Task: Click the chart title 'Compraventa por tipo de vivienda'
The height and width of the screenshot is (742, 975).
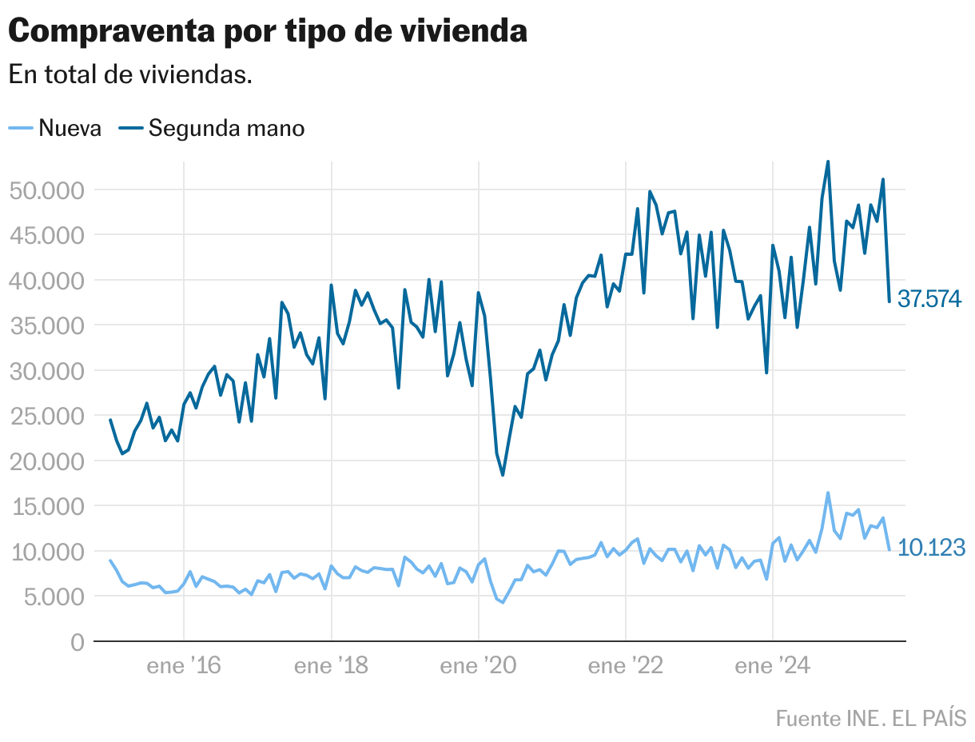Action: (268, 31)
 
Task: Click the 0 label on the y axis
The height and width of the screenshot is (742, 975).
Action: (77, 642)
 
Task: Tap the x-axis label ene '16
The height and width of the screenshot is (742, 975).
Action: (184, 666)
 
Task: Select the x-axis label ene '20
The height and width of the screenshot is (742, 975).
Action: (478, 666)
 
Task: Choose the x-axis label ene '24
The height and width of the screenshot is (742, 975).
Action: (772, 666)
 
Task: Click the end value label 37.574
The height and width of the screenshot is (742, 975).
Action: (929, 299)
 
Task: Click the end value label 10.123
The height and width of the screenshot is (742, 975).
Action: (931, 548)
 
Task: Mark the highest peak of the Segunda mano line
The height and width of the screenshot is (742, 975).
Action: (828, 162)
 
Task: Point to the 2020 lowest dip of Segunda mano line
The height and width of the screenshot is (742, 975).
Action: (503, 475)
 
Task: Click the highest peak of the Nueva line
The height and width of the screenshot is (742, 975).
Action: (828, 493)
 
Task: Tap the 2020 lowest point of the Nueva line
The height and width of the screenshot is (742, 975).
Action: (503, 602)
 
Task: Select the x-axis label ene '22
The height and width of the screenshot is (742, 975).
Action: (626, 666)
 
